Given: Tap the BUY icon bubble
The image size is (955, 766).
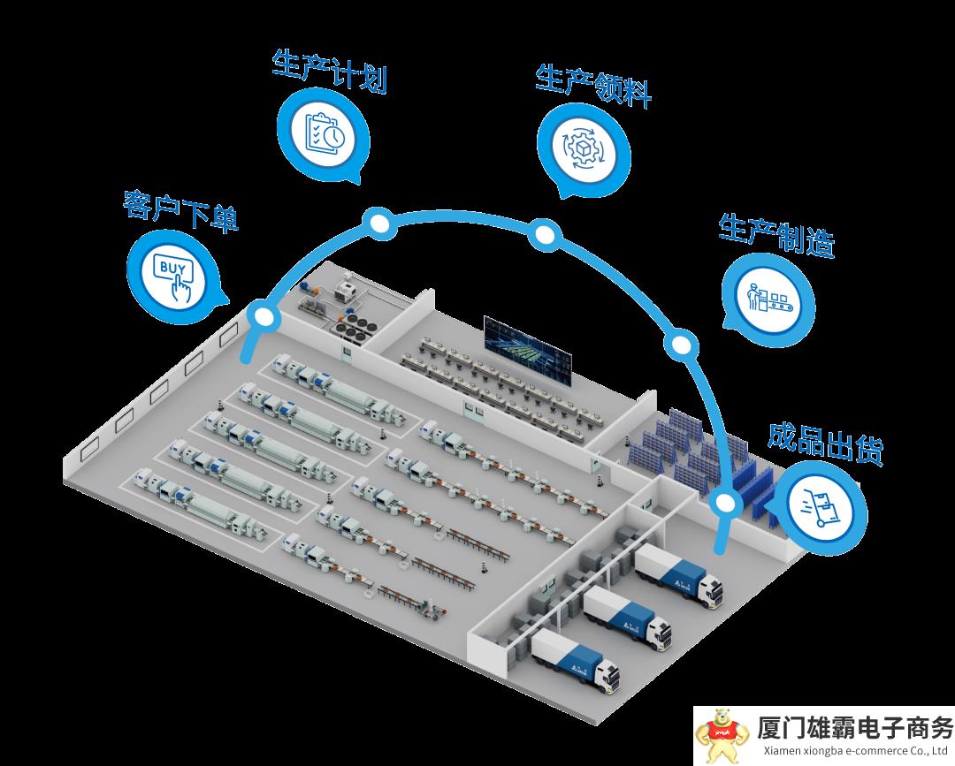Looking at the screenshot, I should [172, 269].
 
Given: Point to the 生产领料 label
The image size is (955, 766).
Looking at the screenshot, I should [593, 86].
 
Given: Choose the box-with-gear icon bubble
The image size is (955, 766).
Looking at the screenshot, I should [584, 149].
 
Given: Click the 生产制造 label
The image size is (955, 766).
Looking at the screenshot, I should [776, 234].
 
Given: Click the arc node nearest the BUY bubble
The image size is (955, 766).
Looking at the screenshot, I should [263, 315].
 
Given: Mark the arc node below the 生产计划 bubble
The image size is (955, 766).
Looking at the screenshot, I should [379, 224].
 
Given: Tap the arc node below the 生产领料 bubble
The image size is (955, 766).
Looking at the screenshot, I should [545, 234].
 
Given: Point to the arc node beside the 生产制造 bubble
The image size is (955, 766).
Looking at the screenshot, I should [681, 345].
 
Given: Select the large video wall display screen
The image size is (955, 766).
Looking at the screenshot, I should [527, 352].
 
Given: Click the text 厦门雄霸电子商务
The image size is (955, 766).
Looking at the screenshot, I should [855, 728].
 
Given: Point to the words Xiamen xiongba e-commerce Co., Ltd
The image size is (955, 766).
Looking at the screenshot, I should [855, 752].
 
